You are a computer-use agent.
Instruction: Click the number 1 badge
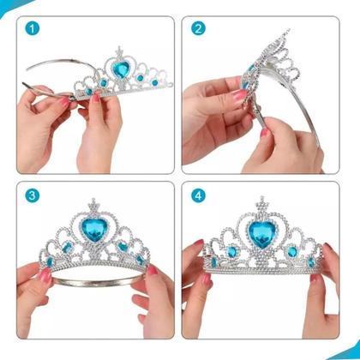pos(33,28)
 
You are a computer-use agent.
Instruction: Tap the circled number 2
pos(199,28)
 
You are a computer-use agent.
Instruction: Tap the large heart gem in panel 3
pos(94,232)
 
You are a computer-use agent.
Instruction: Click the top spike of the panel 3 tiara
pos(94,202)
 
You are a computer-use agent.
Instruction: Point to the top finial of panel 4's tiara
pos(261,201)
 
